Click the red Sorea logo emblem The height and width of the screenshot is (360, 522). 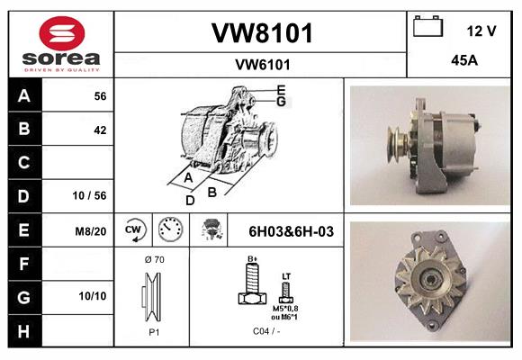[x=62, y=33]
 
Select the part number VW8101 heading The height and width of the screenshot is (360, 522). [x=262, y=33]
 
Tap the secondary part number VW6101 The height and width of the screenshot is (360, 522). [x=263, y=65]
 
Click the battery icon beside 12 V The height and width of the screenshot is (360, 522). [x=427, y=26]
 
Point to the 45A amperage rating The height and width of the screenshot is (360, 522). [x=464, y=60]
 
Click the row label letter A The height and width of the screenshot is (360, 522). [x=24, y=96]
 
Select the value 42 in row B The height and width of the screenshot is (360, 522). [x=100, y=130]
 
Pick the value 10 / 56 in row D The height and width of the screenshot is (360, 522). [x=90, y=195]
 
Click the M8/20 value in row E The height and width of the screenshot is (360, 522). [x=91, y=230]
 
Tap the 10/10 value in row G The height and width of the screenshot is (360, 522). [x=93, y=296]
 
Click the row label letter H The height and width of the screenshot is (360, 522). [x=23, y=331]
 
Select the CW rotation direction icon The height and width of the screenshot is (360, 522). [x=133, y=229]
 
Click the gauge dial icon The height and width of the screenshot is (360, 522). [x=170, y=229]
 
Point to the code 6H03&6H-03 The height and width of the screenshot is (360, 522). [x=292, y=231]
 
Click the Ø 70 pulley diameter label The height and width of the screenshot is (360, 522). [x=155, y=259]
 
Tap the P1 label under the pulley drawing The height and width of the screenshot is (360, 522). [x=154, y=332]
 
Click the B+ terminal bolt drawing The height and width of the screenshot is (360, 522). [x=253, y=283]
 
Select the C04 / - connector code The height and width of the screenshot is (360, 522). [x=266, y=331]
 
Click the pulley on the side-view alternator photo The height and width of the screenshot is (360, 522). [x=397, y=144]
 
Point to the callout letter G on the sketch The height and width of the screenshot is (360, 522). [x=281, y=102]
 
